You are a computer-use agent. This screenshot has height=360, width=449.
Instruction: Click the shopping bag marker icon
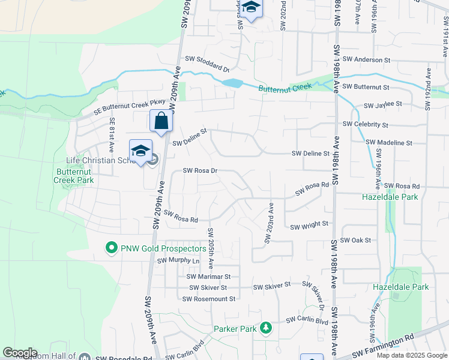[x=161, y=121]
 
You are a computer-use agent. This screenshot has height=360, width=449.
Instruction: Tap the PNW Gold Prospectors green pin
[x=111, y=247]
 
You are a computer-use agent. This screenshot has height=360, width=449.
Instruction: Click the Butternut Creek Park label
[x=74, y=175]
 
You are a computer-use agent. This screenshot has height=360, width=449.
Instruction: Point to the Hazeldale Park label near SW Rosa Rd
[x=390, y=196]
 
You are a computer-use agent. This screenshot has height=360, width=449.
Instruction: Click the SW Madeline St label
[x=390, y=143]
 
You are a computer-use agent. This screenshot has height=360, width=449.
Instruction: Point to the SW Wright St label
[x=309, y=226]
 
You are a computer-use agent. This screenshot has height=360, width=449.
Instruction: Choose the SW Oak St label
[x=356, y=240]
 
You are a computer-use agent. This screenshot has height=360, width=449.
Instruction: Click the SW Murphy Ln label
[x=178, y=261]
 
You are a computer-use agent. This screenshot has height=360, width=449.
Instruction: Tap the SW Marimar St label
[x=208, y=277]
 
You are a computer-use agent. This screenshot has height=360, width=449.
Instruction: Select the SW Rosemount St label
[x=212, y=298]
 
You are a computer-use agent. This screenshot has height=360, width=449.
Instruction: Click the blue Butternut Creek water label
[x=285, y=88]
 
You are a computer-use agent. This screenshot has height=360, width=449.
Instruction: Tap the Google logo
[x=20, y=353]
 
